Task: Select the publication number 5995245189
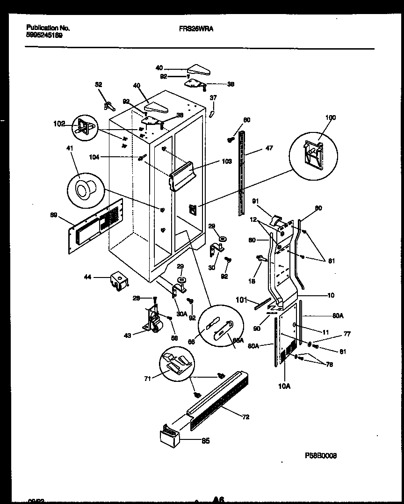45,35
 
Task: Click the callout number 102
59,124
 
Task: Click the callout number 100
330,117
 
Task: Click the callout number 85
205,441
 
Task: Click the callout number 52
98,85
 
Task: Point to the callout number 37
213,98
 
